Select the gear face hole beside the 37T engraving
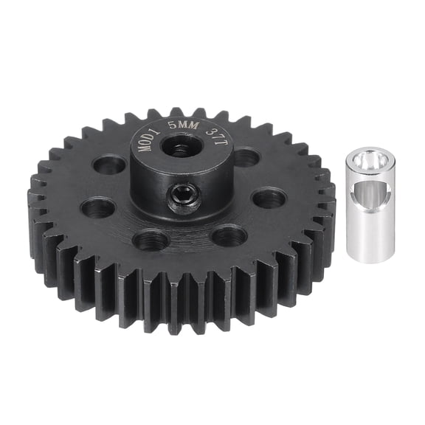point(246,157)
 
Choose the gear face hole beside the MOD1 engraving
point(110,164)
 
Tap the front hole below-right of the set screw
point(229,235)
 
